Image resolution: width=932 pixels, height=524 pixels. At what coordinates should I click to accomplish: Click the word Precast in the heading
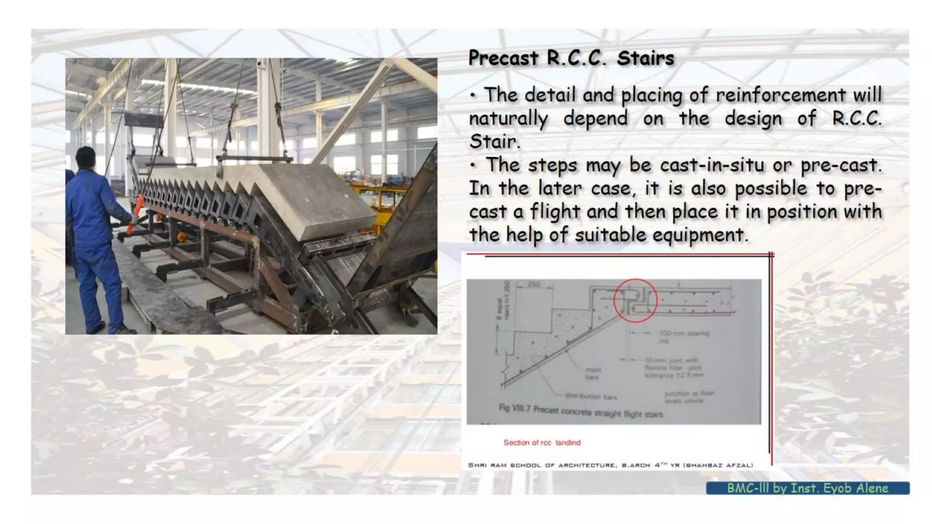pyautogui.click(x=503, y=58)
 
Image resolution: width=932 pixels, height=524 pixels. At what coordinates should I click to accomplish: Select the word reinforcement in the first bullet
pyautogui.click(x=780, y=95)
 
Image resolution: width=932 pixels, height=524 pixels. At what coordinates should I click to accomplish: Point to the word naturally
pyautogui.click(x=508, y=119)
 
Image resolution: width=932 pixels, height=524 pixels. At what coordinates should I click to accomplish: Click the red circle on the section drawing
pyautogui.click(x=635, y=301)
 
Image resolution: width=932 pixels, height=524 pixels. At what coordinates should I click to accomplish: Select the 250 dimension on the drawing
pyautogui.click(x=534, y=284)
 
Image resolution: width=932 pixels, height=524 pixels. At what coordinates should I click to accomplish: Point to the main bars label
pyautogui.click(x=593, y=373)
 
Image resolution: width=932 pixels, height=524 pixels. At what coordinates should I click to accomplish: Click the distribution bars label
pyautogui.click(x=590, y=397)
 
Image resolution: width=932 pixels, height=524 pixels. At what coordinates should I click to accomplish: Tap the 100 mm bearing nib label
pyautogui.click(x=684, y=337)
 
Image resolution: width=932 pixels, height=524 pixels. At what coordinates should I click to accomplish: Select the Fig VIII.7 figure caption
pyautogui.click(x=581, y=411)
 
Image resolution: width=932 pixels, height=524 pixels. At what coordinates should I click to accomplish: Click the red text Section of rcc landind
pyautogui.click(x=542, y=443)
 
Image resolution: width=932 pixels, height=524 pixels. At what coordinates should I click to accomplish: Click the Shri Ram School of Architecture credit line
pyautogui.click(x=610, y=465)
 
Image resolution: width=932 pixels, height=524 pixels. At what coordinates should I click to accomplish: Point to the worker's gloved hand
pyautogui.click(x=134, y=221)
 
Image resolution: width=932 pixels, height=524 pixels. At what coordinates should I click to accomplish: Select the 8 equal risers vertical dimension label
pyautogui.click(x=503, y=300)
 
